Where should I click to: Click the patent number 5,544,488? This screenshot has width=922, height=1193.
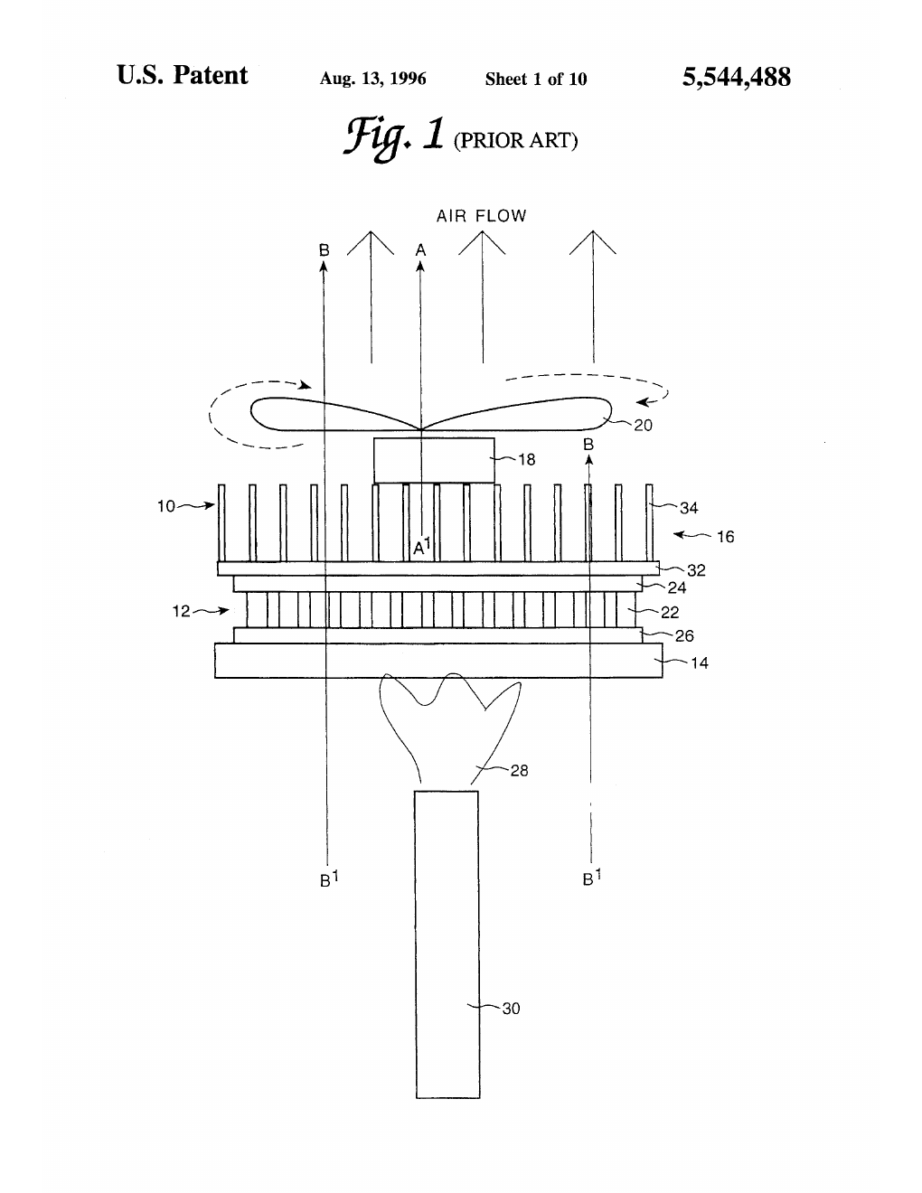pos(737,78)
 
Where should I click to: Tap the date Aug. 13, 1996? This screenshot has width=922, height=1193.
pos(372,79)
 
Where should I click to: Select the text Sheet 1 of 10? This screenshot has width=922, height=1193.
pos(535,79)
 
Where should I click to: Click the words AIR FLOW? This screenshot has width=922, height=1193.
pos(481,216)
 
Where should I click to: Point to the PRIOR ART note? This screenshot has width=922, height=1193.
pos(515,140)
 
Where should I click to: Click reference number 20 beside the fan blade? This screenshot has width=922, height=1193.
pos(643,425)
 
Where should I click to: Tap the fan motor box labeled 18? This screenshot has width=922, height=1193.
pos(434,460)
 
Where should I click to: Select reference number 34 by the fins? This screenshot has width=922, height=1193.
pos(689,508)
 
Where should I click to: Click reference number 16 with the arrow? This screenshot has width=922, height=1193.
pos(725,537)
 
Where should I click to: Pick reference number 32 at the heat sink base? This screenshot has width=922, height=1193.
pos(696,570)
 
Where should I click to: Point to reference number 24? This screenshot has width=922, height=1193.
pos(677,587)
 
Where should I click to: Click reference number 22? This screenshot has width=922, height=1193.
pos(670,612)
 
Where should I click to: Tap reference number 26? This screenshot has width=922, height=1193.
pos(684,635)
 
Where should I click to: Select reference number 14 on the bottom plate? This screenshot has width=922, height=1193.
pos(700,662)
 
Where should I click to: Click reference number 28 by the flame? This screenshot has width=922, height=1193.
pos(519,771)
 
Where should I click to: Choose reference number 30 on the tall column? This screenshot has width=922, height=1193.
pos(511,1009)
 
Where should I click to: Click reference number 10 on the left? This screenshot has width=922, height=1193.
pos(166,506)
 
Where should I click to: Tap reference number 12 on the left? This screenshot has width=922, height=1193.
pos(181,611)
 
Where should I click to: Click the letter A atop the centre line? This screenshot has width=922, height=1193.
pos(420,249)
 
